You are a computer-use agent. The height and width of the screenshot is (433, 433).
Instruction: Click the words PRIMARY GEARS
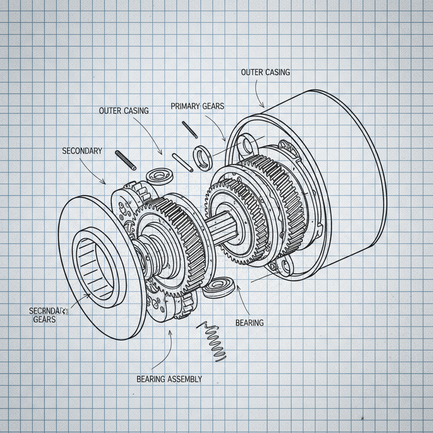197,106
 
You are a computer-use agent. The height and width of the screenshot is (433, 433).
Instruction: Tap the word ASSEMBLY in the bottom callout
185,379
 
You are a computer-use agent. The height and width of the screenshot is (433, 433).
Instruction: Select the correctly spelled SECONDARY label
82,151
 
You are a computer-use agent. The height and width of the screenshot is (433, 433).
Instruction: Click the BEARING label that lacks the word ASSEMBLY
249,323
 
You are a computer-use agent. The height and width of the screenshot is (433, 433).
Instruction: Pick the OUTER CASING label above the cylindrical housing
266,72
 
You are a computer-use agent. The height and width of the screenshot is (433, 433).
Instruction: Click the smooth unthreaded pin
183,162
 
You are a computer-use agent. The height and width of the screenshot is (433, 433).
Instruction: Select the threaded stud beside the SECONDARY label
126,160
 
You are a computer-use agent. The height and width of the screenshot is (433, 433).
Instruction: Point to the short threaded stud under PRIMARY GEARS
190,129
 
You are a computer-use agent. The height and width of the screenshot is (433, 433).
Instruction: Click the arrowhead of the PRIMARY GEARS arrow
224,139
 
